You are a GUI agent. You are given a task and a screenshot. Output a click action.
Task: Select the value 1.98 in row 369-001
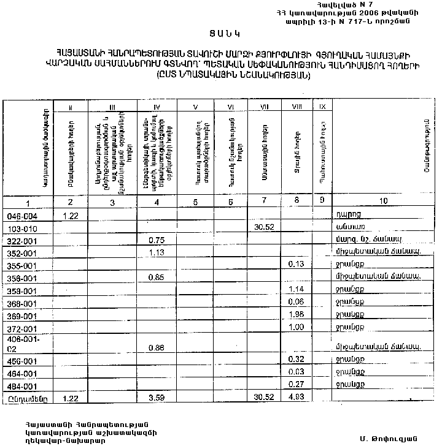click(297, 314)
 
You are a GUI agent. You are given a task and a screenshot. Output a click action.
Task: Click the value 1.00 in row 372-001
click(297, 327)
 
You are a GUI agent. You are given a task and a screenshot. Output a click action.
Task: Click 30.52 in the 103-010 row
click(263, 227)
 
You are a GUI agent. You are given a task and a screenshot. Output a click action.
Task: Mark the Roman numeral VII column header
click(264, 107)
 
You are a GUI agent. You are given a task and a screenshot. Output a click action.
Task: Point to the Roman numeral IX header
click(322, 107)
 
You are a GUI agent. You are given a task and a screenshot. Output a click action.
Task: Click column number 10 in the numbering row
click(384, 202)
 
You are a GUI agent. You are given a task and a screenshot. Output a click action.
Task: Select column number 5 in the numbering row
click(195, 202)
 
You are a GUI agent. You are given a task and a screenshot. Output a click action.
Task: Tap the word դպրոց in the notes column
click(346, 214)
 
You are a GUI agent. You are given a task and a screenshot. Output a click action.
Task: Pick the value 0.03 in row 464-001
click(297, 373)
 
